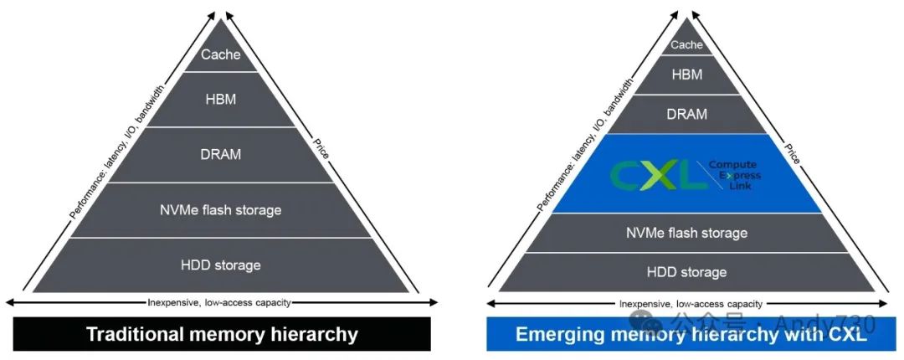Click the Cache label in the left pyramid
coord(221,55)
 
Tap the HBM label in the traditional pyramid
coord(221,100)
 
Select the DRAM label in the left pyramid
coord(221,155)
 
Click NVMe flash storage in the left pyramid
coord(221,210)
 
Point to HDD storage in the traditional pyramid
coord(221,265)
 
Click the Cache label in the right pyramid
coord(687,45)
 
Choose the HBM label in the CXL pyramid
coord(687,75)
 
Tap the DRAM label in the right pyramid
coord(687,114)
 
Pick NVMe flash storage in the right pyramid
coord(687,233)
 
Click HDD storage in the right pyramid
coord(687,272)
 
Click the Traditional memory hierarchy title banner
coord(222,335)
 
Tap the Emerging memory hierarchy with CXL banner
coord(691,335)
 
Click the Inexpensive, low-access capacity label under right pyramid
coord(691,304)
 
